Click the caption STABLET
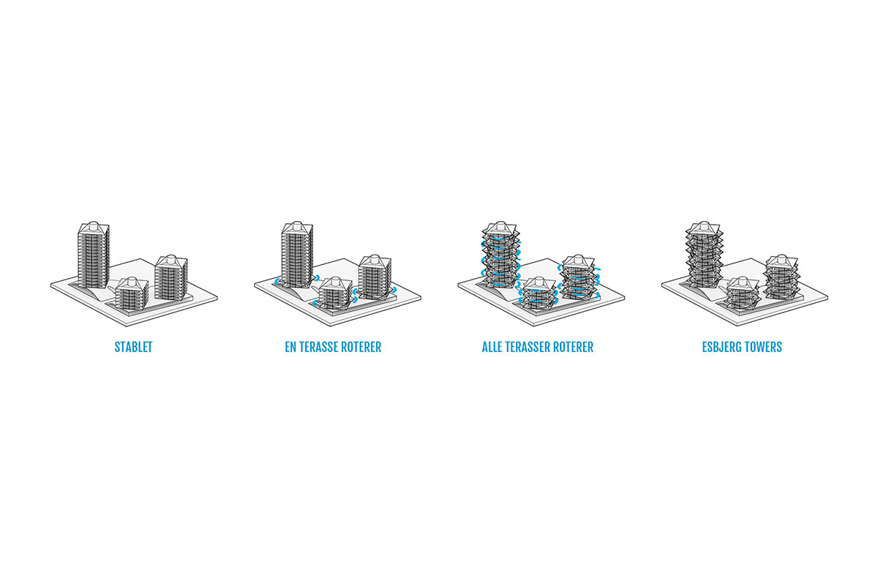[x=133, y=348]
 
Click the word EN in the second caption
[x=290, y=348]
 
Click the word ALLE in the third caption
[x=492, y=348]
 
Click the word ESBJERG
[x=722, y=348]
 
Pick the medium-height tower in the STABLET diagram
[x=171, y=277]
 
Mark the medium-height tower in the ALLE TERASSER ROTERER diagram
[x=579, y=277]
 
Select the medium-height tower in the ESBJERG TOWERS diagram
[x=782, y=277]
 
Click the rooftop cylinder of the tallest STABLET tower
[x=94, y=226]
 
